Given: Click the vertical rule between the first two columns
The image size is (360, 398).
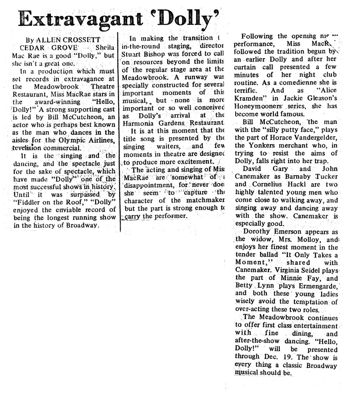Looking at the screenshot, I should point(120,132).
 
